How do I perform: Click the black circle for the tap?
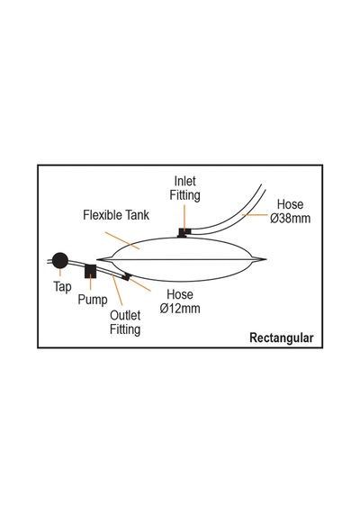point(60,260)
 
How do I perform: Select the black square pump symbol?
point(90,271)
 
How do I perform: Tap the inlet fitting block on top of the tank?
point(184,232)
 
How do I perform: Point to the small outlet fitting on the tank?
point(126,277)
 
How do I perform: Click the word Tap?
point(62,287)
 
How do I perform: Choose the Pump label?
point(93,300)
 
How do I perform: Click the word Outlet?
point(125,315)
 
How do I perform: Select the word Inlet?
point(184,181)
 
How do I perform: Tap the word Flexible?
point(103,215)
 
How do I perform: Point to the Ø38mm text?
point(291,218)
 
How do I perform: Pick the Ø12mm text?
point(180,308)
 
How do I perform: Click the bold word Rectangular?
point(282,337)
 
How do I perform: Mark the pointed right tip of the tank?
point(266,259)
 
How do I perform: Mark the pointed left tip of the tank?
point(97,259)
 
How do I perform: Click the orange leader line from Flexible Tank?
point(122,240)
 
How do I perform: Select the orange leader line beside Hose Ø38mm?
point(255,215)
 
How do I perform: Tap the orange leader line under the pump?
point(90,283)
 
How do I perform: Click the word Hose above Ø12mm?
point(180,294)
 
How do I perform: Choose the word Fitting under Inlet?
point(184,195)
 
